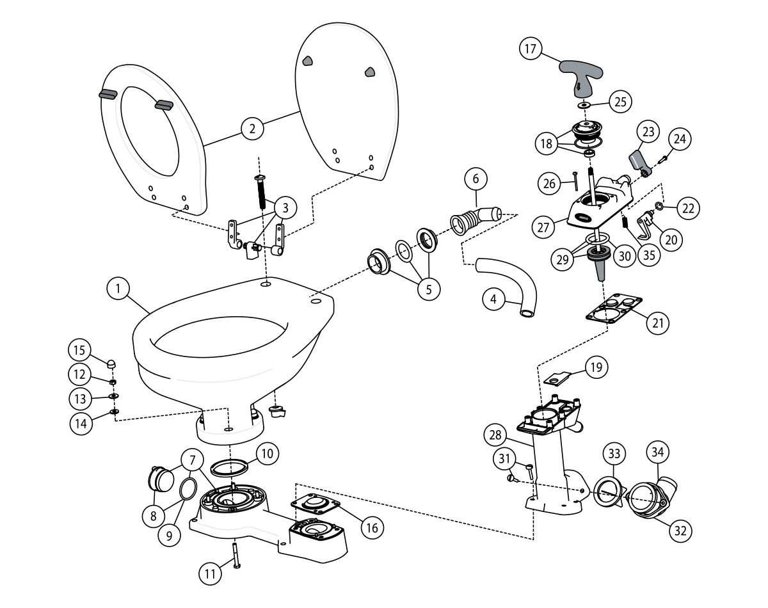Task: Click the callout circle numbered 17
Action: click(x=531, y=50)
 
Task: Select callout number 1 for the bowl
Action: click(x=118, y=289)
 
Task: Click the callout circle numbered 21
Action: click(x=657, y=323)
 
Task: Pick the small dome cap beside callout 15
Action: click(x=110, y=364)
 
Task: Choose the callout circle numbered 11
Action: click(x=209, y=574)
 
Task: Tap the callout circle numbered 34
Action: click(x=659, y=452)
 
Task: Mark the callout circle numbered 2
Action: click(x=253, y=129)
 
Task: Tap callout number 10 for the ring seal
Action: click(x=268, y=454)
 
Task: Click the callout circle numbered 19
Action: click(x=596, y=367)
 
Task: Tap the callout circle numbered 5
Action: click(x=428, y=289)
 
